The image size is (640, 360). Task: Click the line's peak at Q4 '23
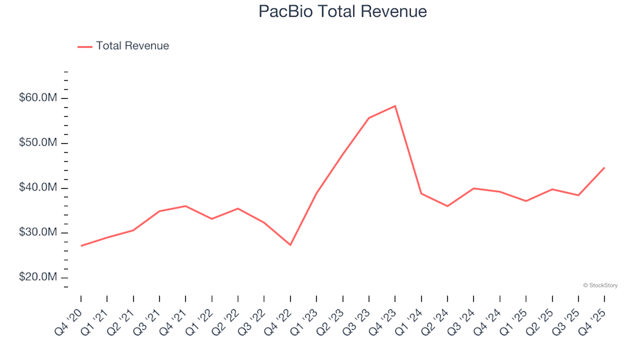click(x=395, y=106)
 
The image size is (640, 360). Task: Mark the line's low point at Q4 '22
click(x=291, y=245)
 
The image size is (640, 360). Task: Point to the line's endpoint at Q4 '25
click(x=604, y=168)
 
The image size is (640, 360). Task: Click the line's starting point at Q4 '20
click(x=81, y=246)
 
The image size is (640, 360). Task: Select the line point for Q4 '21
click(x=186, y=206)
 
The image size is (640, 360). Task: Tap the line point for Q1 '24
click(x=421, y=193)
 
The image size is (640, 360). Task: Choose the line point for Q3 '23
click(x=369, y=118)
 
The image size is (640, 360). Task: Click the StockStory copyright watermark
click(x=600, y=285)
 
